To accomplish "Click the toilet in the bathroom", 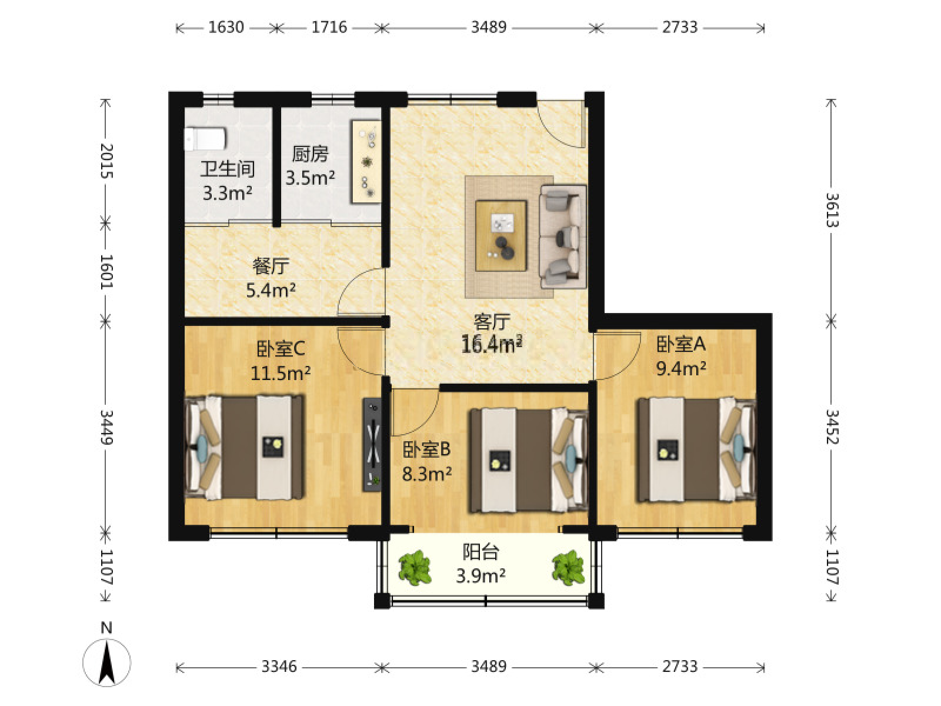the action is point(205,138).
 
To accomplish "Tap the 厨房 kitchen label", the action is point(310,154).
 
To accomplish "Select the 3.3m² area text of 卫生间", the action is point(227,194).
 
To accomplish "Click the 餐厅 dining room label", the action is point(271,266).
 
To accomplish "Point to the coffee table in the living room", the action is point(500,236).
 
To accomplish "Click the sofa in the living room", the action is point(562,236).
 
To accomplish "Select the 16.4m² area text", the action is point(492,344).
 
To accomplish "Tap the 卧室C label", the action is point(281,348).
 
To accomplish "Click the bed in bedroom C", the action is point(245,448).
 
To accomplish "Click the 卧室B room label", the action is point(426,449).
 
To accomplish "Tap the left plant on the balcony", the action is point(415,568).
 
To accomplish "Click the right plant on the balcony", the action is point(568,568).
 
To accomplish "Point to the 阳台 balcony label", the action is point(480,552).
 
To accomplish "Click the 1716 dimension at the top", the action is point(329,28).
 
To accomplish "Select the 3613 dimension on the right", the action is point(832,210).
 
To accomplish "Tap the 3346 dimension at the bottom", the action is point(279,667).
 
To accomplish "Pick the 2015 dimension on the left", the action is point(106,161).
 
